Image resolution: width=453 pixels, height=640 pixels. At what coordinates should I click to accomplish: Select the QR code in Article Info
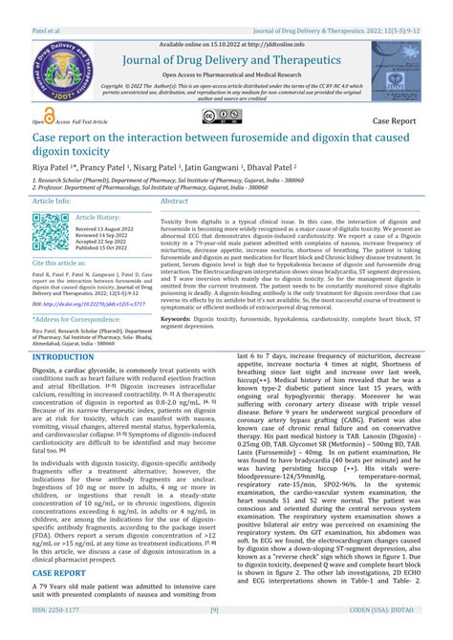pos(51,232)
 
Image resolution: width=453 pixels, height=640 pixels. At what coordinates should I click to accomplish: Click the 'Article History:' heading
pos(97,218)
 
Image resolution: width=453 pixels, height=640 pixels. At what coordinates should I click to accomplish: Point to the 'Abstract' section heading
pos(174,202)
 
